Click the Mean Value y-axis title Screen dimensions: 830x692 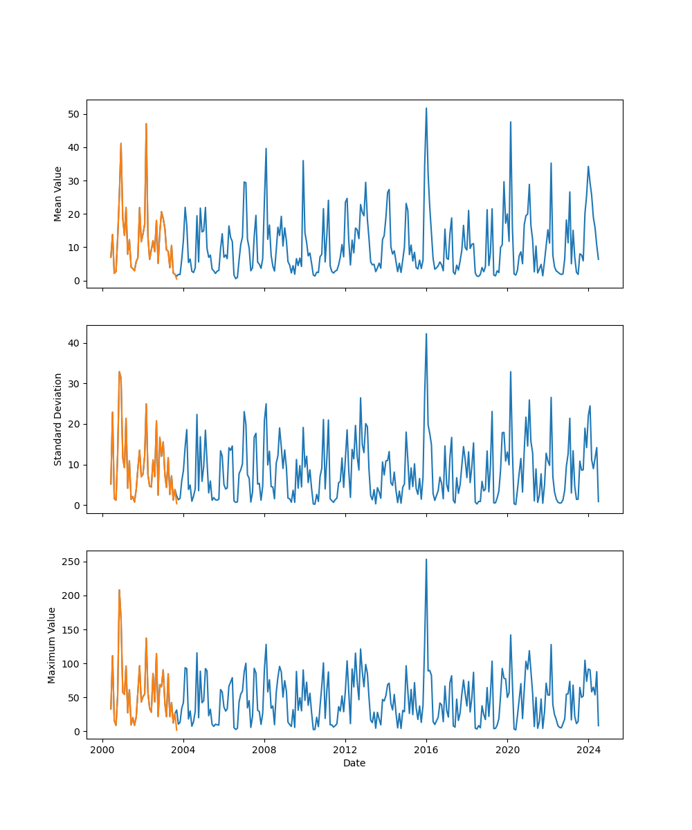click(x=58, y=194)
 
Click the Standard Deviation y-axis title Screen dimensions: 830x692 click(x=58, y=419)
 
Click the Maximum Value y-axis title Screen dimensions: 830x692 click(x=52, y=645)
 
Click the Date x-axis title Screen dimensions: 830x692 click(x=354, y=763)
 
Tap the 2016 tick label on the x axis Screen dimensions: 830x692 click(x=426, y=750)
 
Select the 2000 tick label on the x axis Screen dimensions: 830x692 click(x=102, y=750)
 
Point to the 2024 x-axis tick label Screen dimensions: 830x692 click(x=588, y=750)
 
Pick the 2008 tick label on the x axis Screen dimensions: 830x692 click(x=264, y=750)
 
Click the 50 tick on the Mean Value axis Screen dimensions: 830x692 click(x=73, y=114)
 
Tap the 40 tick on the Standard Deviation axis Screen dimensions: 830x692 click(x=73, y=343)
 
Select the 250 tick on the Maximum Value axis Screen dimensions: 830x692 click(x=70, y=562)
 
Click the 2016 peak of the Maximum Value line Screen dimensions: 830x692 click(x=426, y=560)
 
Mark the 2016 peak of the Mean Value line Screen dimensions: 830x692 click(x=426, y=108)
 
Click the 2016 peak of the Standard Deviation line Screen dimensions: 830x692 click(x=426, y=334)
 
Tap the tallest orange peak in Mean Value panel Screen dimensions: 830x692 click(x=146, y=124)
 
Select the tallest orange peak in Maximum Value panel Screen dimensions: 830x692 click(x=119, y=590)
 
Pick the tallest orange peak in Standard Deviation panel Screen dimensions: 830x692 click(x=119, y=371)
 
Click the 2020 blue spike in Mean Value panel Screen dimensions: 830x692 click(x=511, y=122)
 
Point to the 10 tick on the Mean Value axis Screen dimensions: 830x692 click(x=73, y=248)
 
